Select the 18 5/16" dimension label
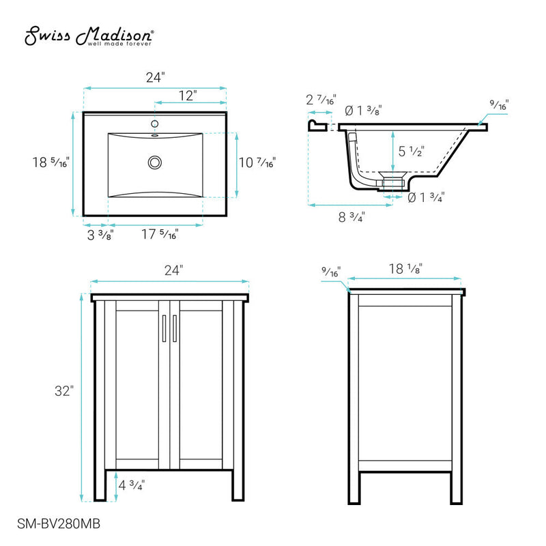click(x=50, y=162)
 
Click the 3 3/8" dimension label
click(x=100, y=235)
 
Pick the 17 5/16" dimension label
click(x=160, y=235)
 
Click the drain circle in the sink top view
click(x=155, y=162)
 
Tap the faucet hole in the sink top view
click(x=155, y=124)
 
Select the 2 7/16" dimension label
click(x=320, y=100)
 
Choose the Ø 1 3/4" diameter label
click(x=426, y=198)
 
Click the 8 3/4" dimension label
click(x=351, y=217)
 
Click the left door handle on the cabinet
click(x=164, y=328)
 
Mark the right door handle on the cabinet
click(x=175, y=328)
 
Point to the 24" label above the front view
click(x=173, y=270)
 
